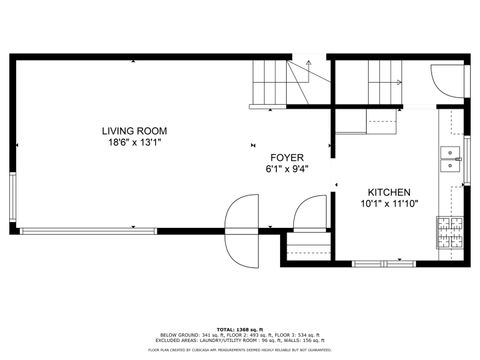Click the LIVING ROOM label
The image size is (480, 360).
click(x=133, y=131)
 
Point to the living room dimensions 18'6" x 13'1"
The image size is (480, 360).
click(x=133, y=142)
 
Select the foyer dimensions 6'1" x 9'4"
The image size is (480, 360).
click(x=287, y=169)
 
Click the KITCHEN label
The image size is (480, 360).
click(x=389, y=192)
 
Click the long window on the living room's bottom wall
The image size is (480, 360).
click(x=89, y=231)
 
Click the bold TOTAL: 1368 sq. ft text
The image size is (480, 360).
click(x=240, y=329)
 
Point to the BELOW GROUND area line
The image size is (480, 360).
click(x=240, y=335)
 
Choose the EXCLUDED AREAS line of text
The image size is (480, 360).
click(x=240, y=340)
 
